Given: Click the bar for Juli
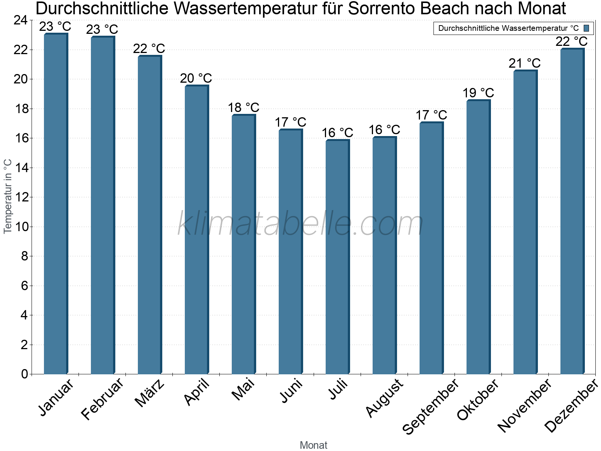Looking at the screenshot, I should (x=337, y=257).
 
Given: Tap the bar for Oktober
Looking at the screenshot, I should (x=478, y=237).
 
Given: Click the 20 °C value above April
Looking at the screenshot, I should (x=196, y=79).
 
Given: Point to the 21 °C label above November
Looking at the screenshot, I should (x=525, y=64).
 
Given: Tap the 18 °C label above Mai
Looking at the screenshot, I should (x=243, y=108).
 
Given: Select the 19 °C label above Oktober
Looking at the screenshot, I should (x=478, y=93).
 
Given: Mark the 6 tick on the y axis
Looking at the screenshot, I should (x=24, y=286).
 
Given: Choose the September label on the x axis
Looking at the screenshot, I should (x=430, y=406).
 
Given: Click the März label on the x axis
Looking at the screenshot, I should (x=149, y=393).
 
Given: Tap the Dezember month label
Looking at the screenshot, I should (x=571, y=406).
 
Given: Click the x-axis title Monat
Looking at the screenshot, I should (x=313, y=445).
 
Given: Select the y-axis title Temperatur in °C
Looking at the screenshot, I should (x=8, y=196).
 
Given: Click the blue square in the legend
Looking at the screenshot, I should (x=586, y=28).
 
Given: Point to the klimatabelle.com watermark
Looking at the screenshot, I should (x=300, y=224).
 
